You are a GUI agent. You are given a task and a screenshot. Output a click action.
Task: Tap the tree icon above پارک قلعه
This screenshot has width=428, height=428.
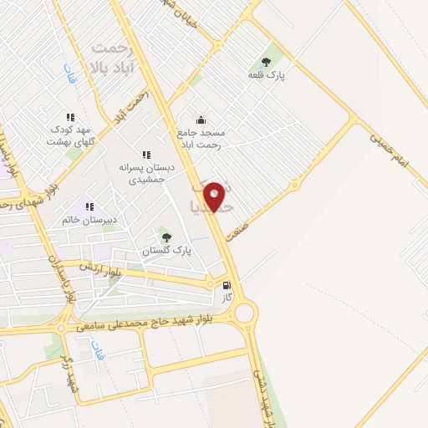point(266,61)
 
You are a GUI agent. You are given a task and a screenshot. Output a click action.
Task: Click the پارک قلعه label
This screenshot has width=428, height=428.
point(267,75)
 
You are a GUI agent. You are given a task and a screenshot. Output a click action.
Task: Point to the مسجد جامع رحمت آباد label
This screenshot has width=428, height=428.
point(201,138)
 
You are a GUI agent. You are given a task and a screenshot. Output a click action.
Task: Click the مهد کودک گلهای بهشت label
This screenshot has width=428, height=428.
point(70,136)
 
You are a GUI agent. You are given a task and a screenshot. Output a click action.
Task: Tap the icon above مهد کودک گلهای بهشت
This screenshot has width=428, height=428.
point(70,117)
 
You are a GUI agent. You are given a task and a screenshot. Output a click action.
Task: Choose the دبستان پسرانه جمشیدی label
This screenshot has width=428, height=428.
point(146,173)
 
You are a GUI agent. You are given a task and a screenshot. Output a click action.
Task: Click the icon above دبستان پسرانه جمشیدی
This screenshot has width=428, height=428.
point(146,155)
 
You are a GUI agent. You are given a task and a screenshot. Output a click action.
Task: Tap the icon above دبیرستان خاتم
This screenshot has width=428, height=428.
point(89,206)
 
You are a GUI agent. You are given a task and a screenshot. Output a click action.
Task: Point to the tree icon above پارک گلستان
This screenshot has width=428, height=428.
point(166,237)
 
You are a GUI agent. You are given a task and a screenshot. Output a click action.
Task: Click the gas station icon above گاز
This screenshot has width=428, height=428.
point(227,284)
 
